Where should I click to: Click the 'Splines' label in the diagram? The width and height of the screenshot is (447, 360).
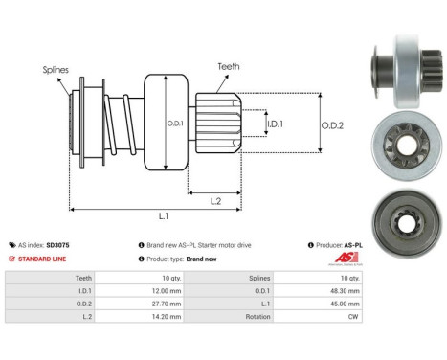tap(55, 69)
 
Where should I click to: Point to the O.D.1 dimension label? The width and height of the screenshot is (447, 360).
tap(174, 124)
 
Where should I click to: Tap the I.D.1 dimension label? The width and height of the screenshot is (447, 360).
tap(275, 124)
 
